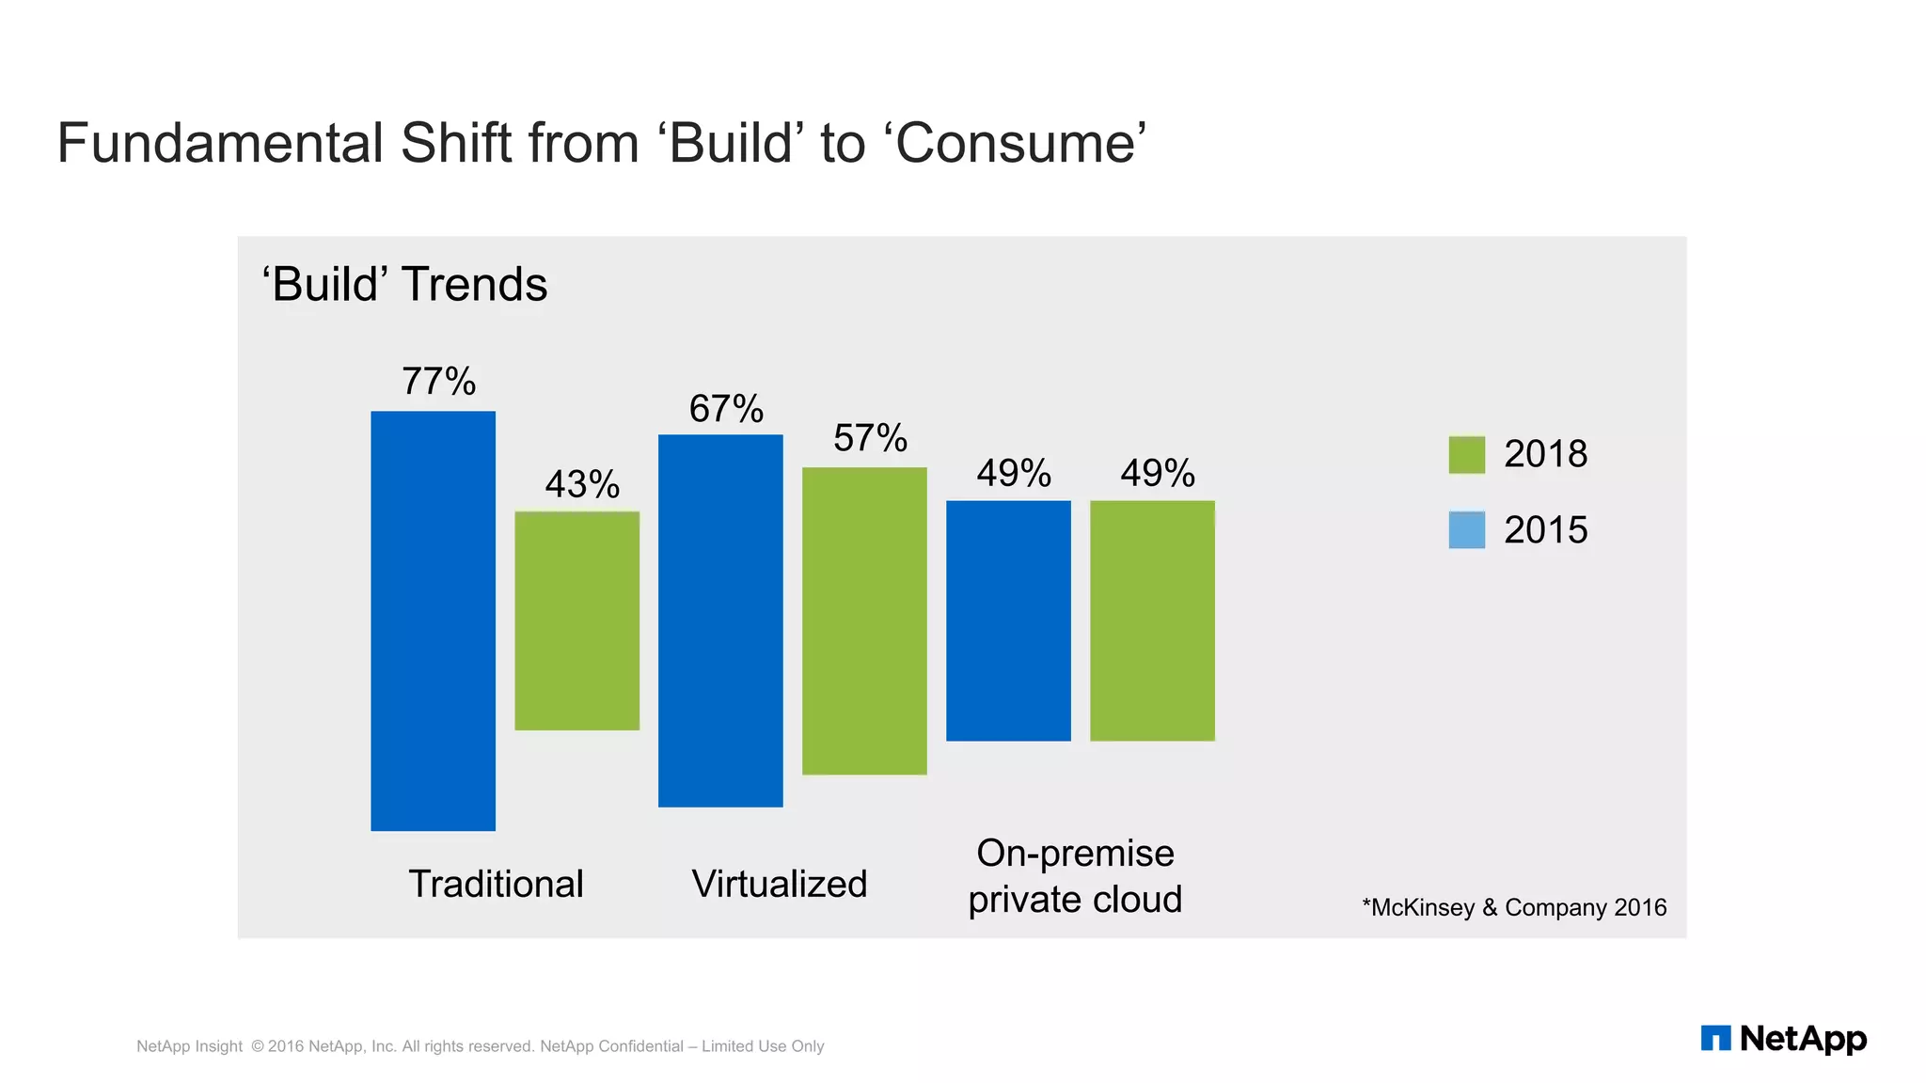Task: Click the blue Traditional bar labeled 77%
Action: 433,620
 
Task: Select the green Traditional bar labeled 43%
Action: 576,620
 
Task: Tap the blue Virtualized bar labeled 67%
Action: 720,620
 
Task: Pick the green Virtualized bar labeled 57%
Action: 864,620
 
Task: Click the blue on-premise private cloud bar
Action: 1008,620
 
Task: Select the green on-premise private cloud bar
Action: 1152,620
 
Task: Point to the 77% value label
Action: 438,382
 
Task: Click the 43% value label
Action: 582,485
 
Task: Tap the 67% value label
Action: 726,409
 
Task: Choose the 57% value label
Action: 870,438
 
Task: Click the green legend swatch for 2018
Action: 1466,455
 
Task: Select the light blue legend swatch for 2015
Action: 1466,530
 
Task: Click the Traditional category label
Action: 496,885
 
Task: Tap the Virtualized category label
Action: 779,885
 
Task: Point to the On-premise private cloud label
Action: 1075,876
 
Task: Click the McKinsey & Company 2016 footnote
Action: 1514,907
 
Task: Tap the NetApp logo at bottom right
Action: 1783,1039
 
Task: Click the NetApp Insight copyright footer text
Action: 480,1046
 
